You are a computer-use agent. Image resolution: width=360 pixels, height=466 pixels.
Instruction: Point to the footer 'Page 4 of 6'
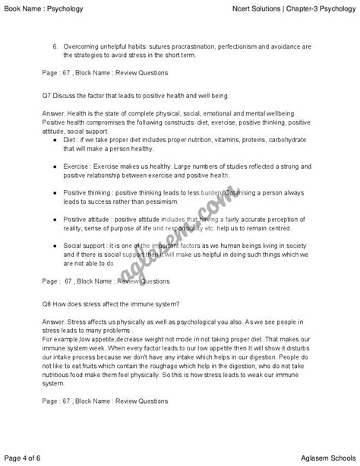point(25,456)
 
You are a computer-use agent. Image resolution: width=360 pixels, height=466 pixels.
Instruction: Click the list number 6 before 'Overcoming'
point(55,45)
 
